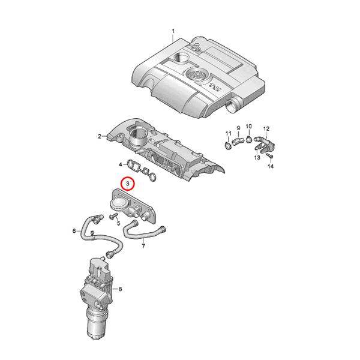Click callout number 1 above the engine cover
click(x=173, y=31)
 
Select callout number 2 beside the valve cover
click(x=100, y=136)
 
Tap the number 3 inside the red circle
click(x=128, y=184)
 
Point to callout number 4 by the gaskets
click(x=121, y=164)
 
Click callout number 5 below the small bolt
click(x=118, y=223)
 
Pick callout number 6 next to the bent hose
click(x=74, y=230)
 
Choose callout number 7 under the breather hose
click(x=143, y=247)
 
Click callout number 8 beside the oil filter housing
click(x=121, y=289)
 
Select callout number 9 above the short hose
click(x=238, y=128)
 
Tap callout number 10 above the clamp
click(x=249, y=126)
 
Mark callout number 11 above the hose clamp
click(x=229, y=133)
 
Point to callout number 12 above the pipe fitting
click(x=266, y=129)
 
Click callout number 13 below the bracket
click(x=257, y=157)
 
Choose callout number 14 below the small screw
click(x=271, y=166)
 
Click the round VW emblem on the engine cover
click(x=196, y=74)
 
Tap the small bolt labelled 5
click(x=113, y=216)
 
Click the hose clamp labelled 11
click(x=228, y=146)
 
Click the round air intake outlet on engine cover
click(x=231, y=104)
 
